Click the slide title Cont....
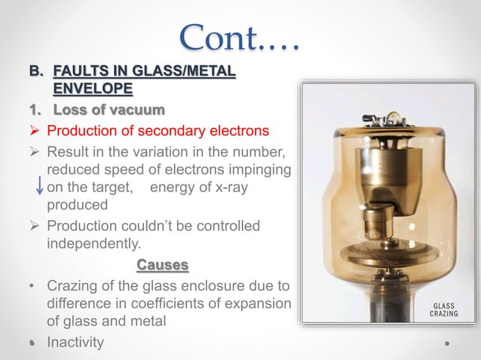point(240,38)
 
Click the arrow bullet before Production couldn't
point(35,226)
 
